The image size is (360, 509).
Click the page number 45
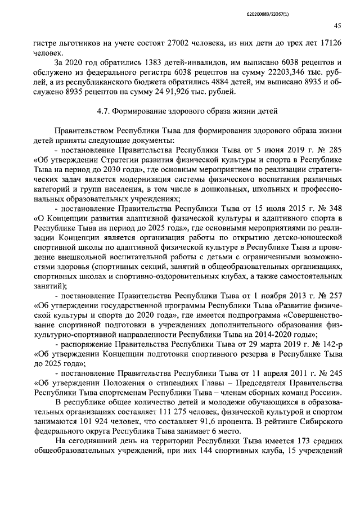337,25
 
